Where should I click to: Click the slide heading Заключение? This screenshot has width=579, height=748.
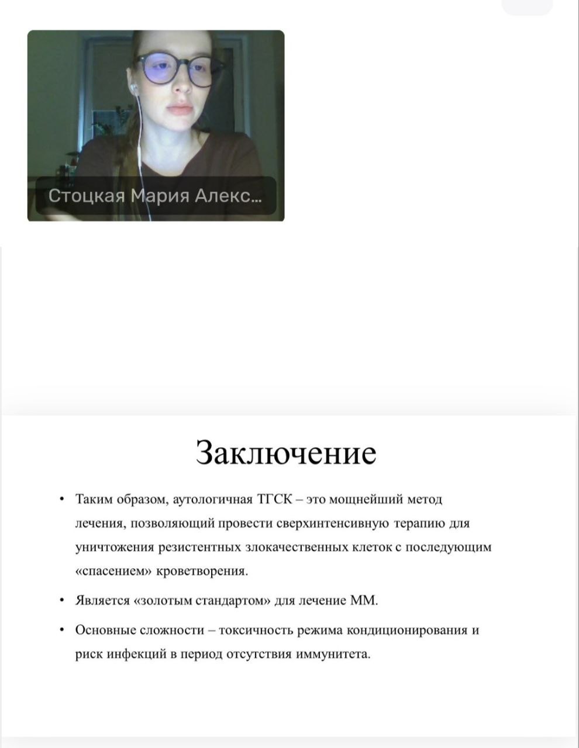[285, 452]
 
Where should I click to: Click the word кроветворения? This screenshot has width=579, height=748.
[202, 571]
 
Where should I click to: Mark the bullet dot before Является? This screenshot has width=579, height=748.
[62, 600]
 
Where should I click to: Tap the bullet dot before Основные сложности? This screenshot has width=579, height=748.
[62, 630]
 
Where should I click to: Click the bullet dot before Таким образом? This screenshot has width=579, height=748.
[62, 500]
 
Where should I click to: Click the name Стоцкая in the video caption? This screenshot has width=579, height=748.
[87, 195]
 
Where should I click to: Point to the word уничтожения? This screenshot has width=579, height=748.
[114, 547]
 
